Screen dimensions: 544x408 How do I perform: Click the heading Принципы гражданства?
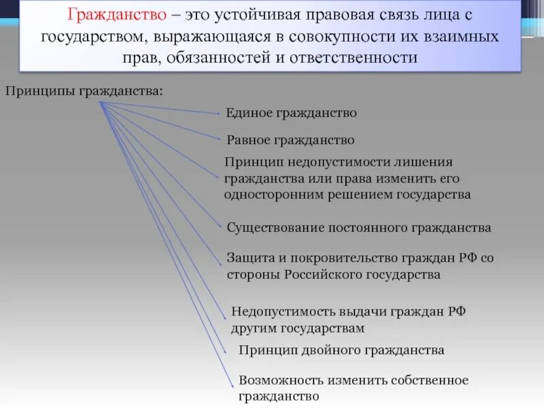pos(84,90)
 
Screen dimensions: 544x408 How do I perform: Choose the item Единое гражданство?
pos(291,113)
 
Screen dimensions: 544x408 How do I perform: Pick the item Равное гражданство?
pos(290,140)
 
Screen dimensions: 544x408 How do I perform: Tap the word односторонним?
pos(272,194)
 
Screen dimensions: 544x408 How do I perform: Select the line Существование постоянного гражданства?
pos(358,227)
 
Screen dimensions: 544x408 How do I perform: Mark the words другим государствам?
pos(298,328)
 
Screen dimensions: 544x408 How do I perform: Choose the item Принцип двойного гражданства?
pos(341,350)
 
